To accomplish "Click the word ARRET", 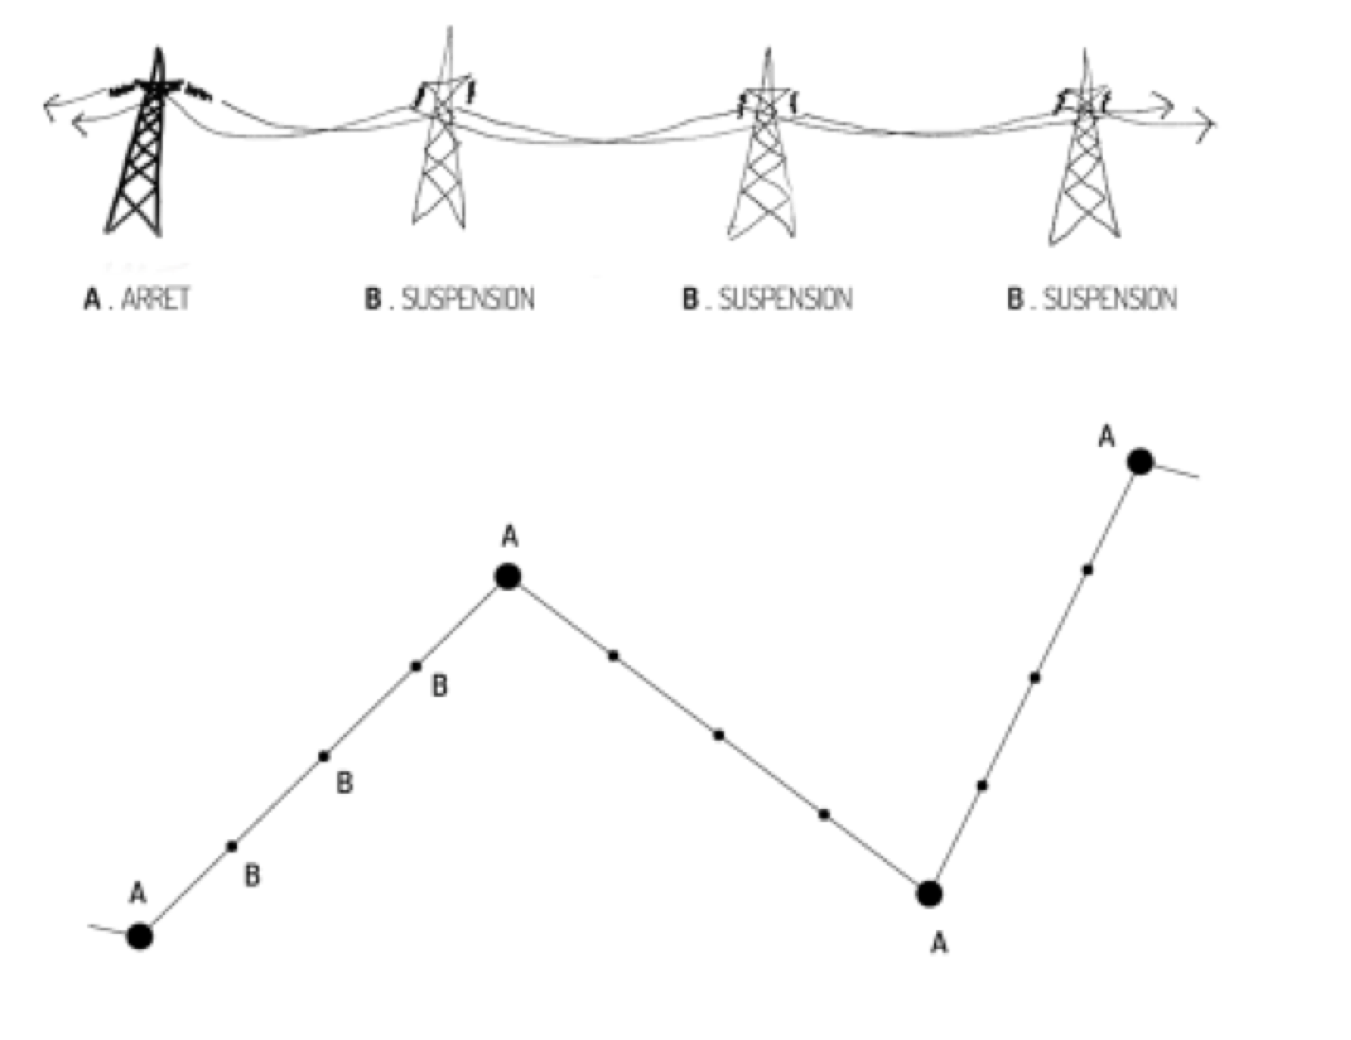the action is [156, 298].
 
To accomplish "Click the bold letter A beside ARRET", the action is [92, 298].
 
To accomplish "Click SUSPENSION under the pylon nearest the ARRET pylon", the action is [468, 298].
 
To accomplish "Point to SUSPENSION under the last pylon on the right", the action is [1109, 298].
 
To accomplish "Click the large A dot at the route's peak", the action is [508, 577].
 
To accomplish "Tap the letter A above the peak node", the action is [510, 537].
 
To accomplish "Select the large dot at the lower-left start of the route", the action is [140, 936].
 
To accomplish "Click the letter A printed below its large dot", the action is [940, 944].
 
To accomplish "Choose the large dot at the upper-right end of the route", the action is [1141, 462].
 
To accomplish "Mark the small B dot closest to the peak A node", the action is [416, 667].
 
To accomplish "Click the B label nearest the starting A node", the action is [252, 876].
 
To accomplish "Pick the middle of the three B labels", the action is [345, 783].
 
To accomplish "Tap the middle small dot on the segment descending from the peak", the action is [719, 735].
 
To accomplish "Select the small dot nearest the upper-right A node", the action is [1088, 569].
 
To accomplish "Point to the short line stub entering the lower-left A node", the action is [108, 929].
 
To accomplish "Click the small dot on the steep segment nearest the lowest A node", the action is [982, 786].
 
